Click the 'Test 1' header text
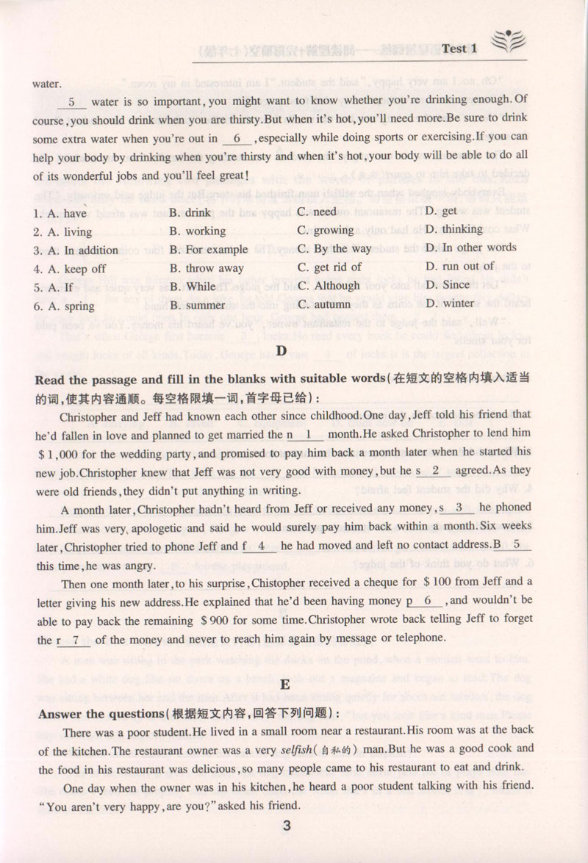tap(459, 48)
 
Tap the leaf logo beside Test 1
tap(506, 44)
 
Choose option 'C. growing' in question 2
tap(326, 231)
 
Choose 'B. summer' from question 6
tap(197, 305)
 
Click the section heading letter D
tap(281, 350)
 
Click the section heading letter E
tap(282, 685)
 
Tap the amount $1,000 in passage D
tap(61, 453)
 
